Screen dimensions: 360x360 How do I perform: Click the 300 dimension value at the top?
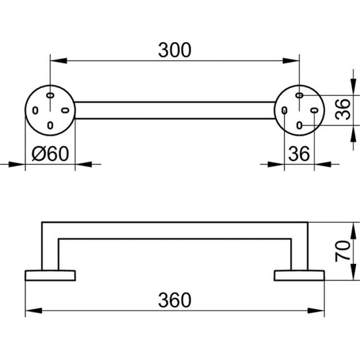click(174, 50)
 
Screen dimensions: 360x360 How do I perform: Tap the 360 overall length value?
click(174, 299)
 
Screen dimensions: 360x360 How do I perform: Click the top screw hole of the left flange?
click(50, 94)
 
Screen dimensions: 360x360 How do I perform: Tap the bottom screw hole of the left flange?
click(50, 125)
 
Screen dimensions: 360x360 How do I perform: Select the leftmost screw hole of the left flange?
click(35, 110)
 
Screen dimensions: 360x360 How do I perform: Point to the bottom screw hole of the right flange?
click(300, 125)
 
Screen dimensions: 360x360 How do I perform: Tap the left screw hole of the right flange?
click(284, 111)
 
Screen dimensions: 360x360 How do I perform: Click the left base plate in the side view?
click(50, 275)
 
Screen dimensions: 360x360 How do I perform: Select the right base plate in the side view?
click(299, 275)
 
